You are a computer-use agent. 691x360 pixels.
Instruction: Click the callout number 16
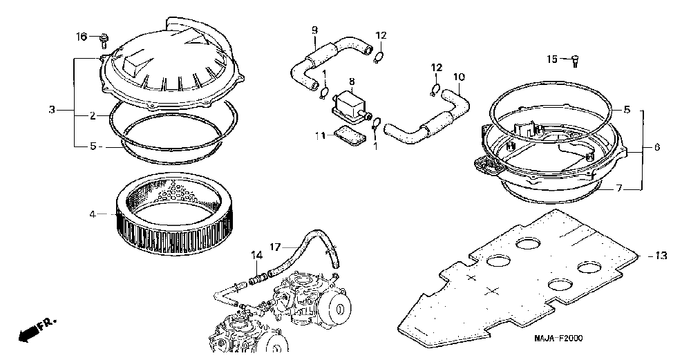click(82, 36)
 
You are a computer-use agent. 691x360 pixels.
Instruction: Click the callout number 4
click(92, 214)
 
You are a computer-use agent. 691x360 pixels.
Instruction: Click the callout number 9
click(314, 30)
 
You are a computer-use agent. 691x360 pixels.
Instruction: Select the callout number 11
click(319, 136)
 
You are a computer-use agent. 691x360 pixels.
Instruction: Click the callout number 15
click(551, 59)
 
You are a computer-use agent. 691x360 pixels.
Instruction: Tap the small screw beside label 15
click(575, 61)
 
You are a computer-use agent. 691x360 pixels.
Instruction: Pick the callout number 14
click(257, 256)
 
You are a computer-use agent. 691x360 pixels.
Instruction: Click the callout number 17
click(275, 246)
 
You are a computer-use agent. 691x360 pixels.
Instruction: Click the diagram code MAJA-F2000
click(558, 338)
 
